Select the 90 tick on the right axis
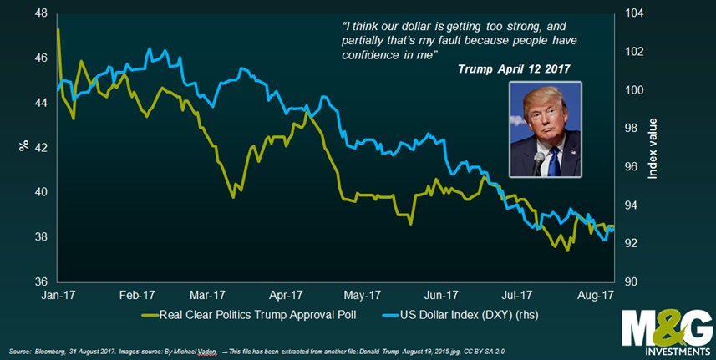(632, 281)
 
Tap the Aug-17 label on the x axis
(596, 295)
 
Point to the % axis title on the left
(24, 146)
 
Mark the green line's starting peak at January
(58, 29)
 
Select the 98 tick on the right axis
(632, 129)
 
